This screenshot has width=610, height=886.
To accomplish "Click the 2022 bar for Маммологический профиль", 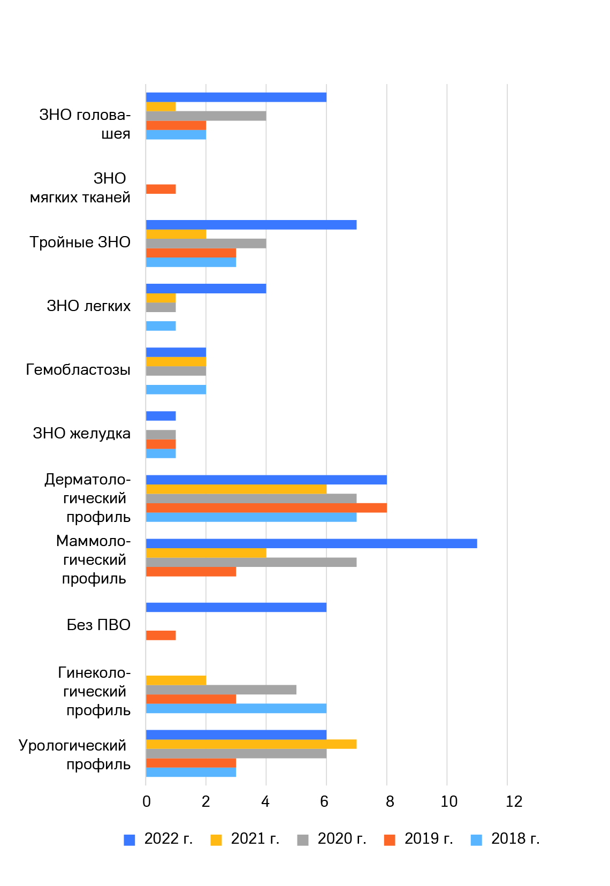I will [x=311, y=543].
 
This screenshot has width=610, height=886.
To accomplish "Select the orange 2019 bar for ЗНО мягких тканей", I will [x=161, y=189].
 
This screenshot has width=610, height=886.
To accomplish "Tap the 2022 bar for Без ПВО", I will [x=236, y=607].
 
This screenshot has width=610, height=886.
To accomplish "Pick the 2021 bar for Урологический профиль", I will [x=251, y=744].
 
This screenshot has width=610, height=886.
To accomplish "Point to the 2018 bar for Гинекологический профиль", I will [x=236, y=708].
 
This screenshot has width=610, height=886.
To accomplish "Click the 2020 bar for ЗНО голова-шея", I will [x=206, y=116].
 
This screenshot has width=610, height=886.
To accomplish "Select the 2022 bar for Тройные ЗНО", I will [x=251, y=225].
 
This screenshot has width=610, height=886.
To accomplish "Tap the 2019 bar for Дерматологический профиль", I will [x=266, y=508].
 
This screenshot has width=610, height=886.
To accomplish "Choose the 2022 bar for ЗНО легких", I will [x=206, y=289].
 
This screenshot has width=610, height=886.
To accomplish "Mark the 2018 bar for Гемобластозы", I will [x=176, y=389].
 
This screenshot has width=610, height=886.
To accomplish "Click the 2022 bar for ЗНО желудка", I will [x=161, y=416].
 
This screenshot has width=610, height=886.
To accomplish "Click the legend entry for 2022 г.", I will [x=158, y=839].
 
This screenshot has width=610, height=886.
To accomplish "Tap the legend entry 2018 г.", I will [x=505, y=839].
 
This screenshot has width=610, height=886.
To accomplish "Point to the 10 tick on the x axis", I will [x=449, y=801].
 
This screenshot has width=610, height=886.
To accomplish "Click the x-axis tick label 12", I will [x=514, y=801].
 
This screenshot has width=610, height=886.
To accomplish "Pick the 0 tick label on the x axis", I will [x=146, y=801].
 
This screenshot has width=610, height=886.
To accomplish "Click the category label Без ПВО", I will [x=98, y=625].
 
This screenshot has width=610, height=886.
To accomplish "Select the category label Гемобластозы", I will [x=78, y=370].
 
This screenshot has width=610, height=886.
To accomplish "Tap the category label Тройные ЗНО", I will [x=80, y=243].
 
